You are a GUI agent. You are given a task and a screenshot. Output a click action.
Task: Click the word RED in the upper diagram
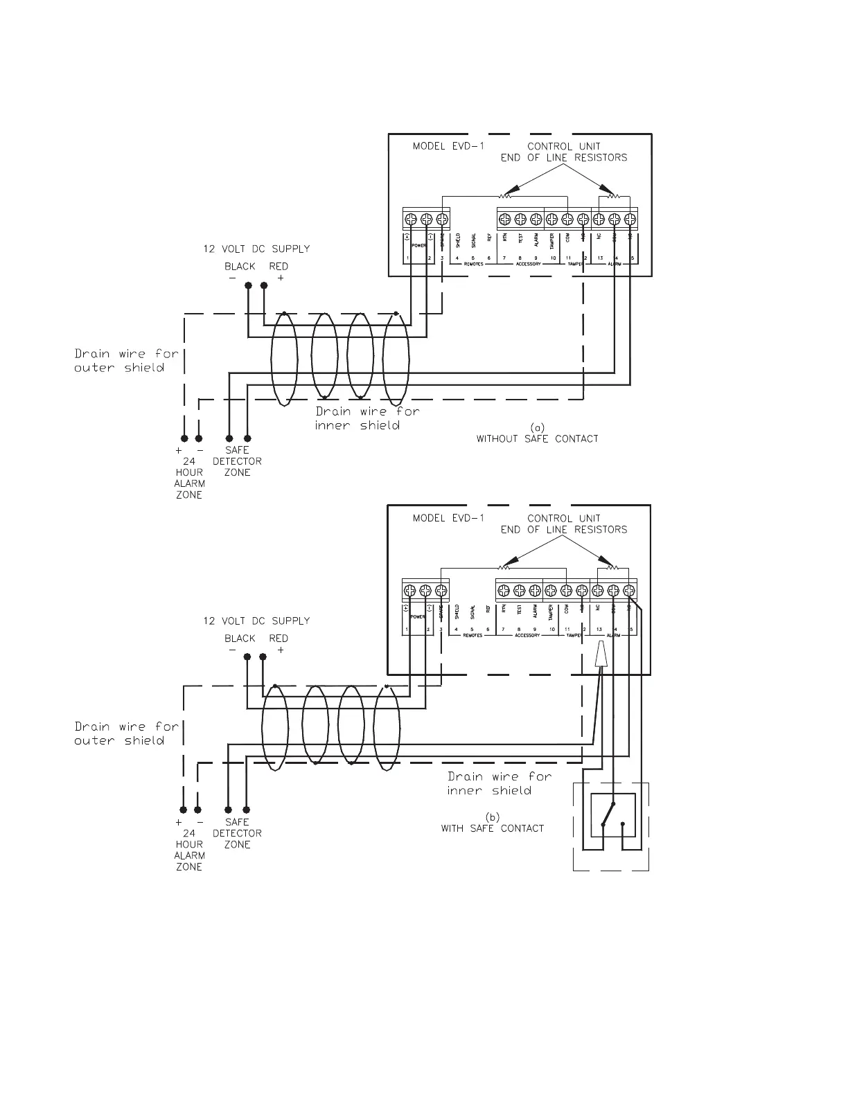[x=279, y=267]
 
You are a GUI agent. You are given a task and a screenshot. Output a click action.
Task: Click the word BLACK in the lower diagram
[x=240, y=639]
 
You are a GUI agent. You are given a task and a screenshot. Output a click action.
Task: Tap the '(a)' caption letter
[x=537, y=427]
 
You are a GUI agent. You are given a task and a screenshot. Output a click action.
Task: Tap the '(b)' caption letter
[x=492, y=817]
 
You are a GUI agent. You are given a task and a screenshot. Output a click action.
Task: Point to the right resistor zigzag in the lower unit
[x=610, y=568]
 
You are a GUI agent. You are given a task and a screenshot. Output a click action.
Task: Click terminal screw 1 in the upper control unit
[x=410, y=220]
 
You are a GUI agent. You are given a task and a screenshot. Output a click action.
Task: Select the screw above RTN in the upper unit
[x=505, y=220]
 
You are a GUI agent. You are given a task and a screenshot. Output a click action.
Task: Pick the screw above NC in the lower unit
[x=599, y=591]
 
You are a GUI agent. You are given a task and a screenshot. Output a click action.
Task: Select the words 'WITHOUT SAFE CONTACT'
[x=537, y=438]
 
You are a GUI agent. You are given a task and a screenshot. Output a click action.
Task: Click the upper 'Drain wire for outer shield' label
[x=126, y=360]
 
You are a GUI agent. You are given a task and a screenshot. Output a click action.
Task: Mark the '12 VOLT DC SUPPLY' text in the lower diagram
[x=256, y=621]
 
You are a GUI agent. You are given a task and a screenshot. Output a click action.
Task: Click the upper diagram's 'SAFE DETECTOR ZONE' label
[x=237, y=461]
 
